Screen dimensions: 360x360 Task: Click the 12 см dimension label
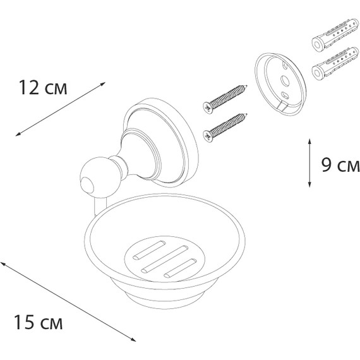click(x=43, y=88)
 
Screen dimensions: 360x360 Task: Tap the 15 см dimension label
click(x=38, y=322)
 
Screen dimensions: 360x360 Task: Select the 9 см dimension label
click(x=340, y=165)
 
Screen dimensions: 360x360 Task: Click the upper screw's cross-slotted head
click(x=208, y=107)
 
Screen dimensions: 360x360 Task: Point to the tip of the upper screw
click(x=247, y=86)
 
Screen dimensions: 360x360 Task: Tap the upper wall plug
click(x=335, y=35)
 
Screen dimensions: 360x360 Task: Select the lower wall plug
click(x=335, y=64)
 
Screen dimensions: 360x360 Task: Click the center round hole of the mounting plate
click(x=285, y=81)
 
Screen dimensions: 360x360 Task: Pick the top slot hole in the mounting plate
click(x=284, y=65)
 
